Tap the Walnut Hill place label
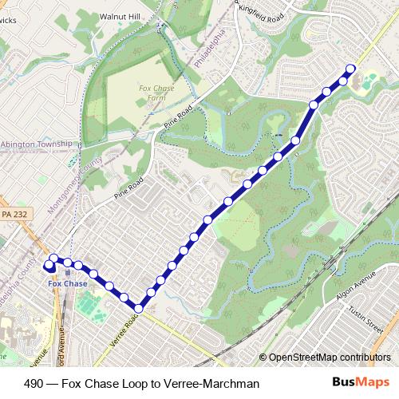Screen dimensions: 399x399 tap(120, 16)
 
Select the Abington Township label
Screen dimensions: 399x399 tap(37, 144)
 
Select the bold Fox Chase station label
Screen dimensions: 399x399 tap(68, 283)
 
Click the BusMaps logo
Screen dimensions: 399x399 tap(362, 382)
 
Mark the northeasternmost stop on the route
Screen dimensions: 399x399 tap(350, 68)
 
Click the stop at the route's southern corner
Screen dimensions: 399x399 tap(139, 308)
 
